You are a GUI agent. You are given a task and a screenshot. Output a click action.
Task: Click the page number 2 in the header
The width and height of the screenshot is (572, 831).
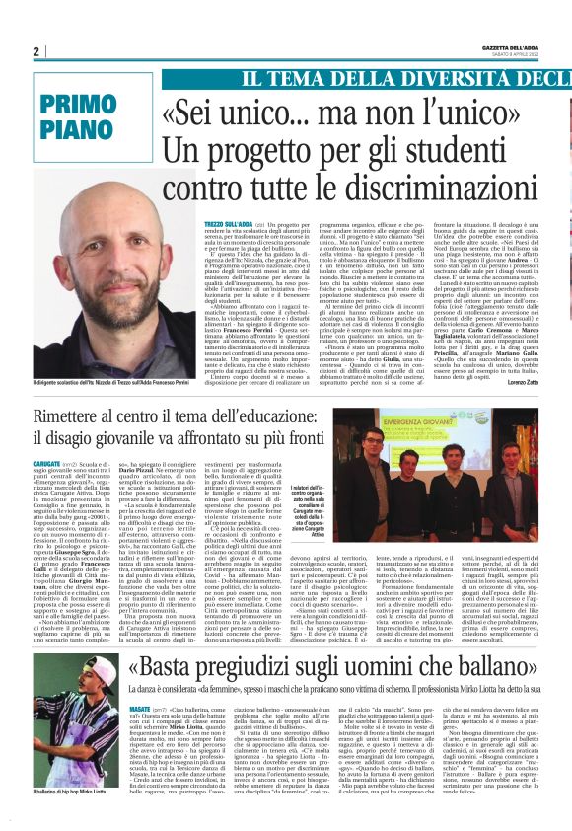(36, 51)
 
